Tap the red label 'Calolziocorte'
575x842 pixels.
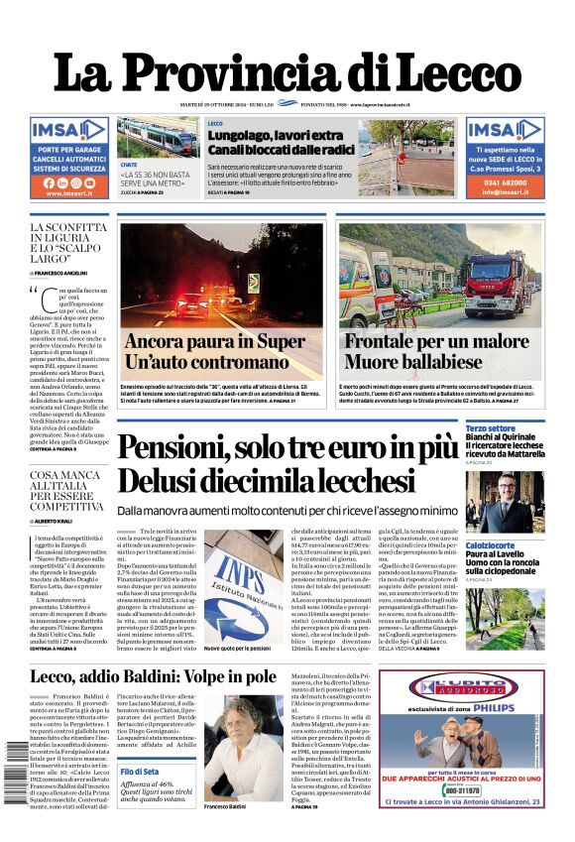(x=491, y=544)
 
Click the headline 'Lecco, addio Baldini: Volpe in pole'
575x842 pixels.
(x=154, y=676)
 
